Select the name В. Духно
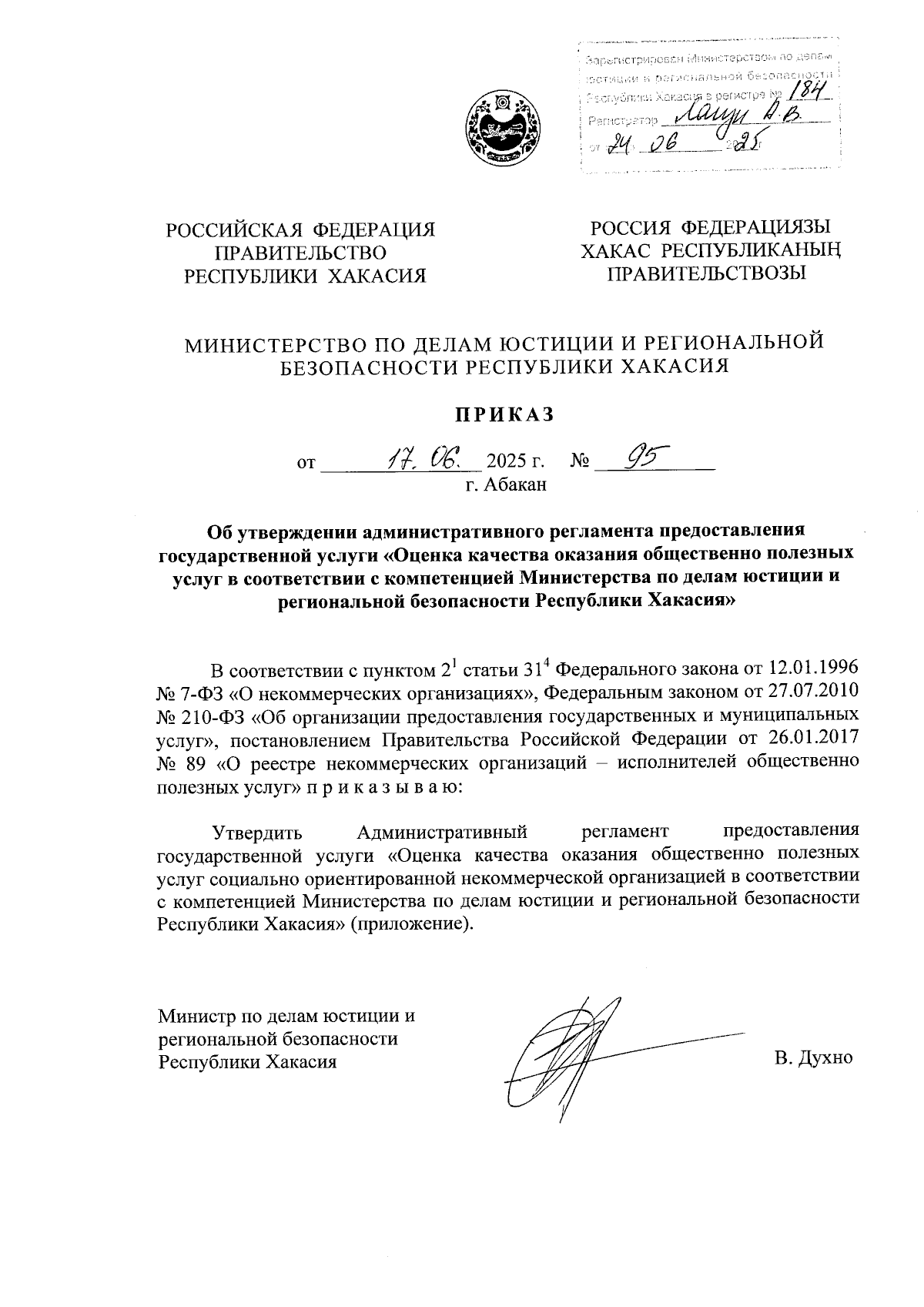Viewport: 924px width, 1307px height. click(x=814, y=1057)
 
